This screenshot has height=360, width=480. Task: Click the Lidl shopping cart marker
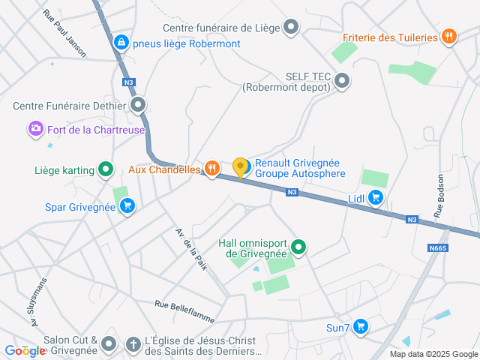[376, 198]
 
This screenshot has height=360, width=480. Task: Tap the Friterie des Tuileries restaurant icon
[449, 37]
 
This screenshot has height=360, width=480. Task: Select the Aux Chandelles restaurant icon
[212, 169]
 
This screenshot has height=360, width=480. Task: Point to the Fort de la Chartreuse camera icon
[35, 130]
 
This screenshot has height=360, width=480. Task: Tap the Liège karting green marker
[106, 170]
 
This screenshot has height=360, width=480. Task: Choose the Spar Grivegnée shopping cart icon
[127, 206]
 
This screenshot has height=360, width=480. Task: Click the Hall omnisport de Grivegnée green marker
[298, 247]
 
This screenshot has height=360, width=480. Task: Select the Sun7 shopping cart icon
[361, 327]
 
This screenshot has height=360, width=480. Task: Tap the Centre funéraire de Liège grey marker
[292, 28]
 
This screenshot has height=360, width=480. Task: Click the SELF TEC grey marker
[343, 81]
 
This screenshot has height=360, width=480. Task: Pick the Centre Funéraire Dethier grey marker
[138, 105]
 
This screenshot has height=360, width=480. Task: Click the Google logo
[24, 350]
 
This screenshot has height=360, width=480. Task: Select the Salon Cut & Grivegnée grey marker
[109, 345]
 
